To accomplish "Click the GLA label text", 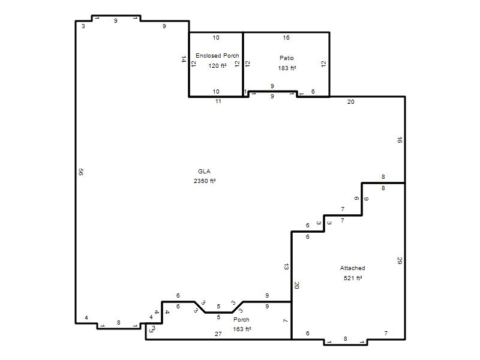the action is pos(204,172).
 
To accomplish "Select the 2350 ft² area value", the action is pos(205,181).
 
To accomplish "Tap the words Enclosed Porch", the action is pos(217,56).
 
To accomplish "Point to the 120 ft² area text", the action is pos(217,66).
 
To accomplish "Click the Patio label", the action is pos(287,58).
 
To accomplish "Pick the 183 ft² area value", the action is pos(287,68).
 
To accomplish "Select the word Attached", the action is pos(353,268).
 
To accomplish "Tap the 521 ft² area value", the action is pos(353,278).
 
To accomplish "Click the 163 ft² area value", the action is pos(242,329).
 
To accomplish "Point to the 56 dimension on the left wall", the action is pos(81,172).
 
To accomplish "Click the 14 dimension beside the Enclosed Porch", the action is pos(184,59).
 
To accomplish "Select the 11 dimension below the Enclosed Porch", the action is pos(218,101).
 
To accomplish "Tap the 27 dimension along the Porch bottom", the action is pos(218,334).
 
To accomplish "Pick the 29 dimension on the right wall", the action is pos(400,261).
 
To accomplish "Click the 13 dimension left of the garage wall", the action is pos(286,266).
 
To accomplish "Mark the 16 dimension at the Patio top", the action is pos(286,38).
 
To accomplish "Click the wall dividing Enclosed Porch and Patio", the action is pos(244,64).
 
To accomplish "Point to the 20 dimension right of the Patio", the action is pos(351,102).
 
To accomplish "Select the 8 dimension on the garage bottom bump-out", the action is pos(346,339).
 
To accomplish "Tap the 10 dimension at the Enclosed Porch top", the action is pos(216,38).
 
